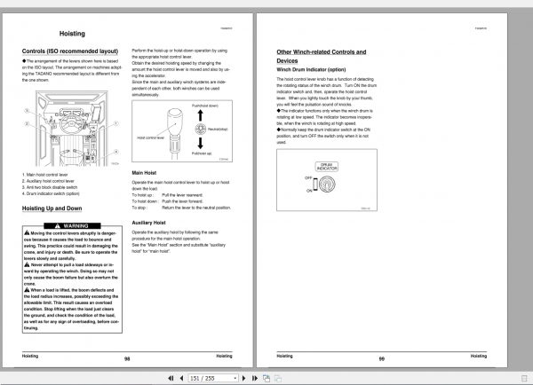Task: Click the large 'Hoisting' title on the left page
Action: [72, 34]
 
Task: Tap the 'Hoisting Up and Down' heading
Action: [55, 209]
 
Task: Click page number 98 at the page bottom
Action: [127, 357]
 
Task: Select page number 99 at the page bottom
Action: [380, 357]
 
